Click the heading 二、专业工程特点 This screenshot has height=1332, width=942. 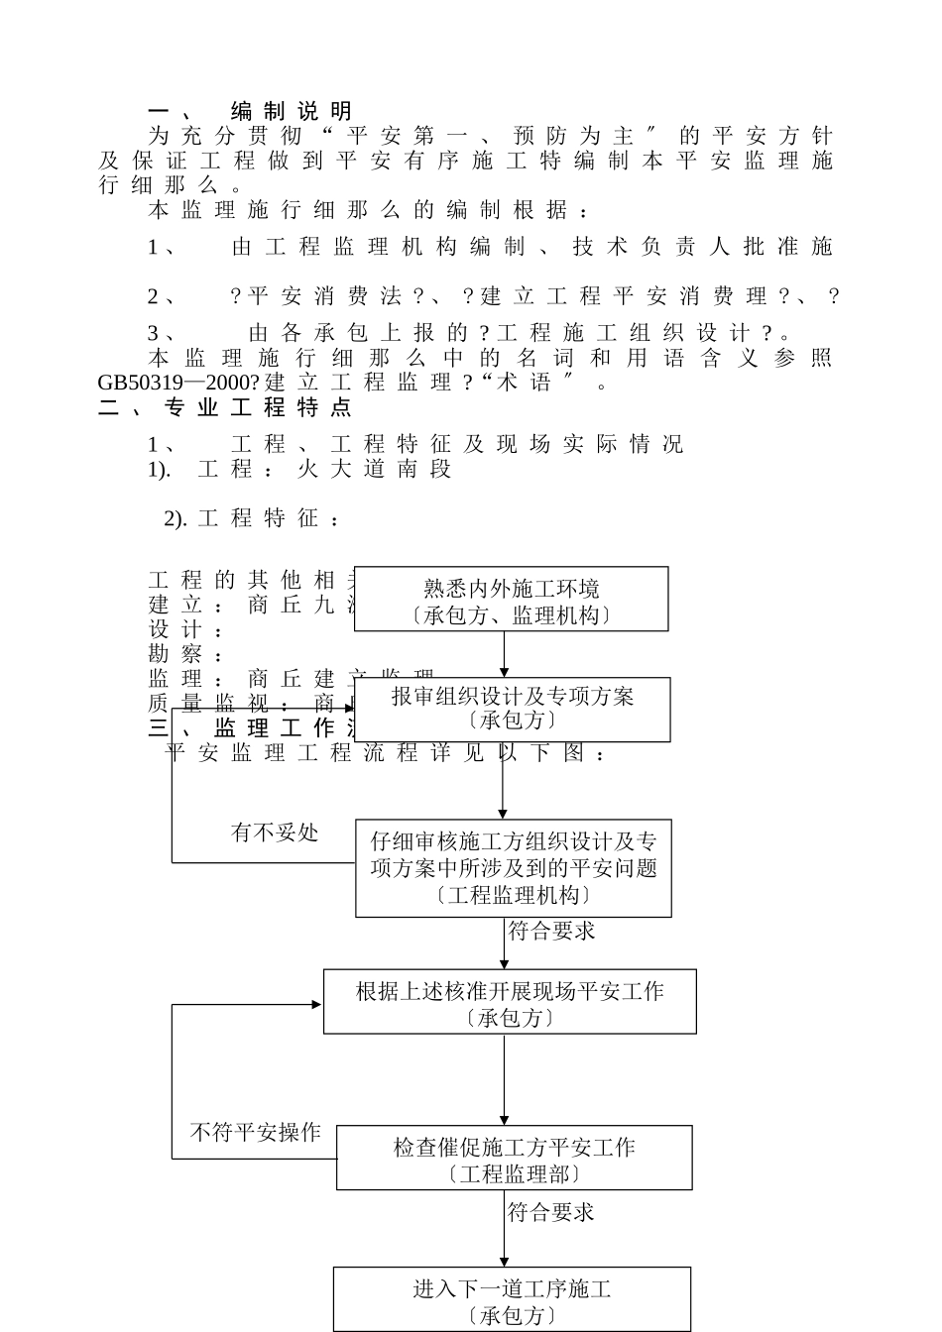coord(225,407)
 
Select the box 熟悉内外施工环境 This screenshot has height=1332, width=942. coord(511,600)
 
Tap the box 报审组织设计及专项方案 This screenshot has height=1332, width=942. coord(512,709)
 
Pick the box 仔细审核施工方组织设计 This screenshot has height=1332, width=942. coord(513,867)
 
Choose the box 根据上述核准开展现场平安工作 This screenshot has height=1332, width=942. coord(510,1002)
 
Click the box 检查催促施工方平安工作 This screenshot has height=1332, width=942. coord(514,1158)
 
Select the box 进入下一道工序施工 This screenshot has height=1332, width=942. coord(512,1299)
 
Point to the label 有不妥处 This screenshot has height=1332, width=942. coord(275,832)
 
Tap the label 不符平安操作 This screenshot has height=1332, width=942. coord(256,1132)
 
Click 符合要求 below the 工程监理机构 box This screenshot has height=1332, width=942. coord(551,931)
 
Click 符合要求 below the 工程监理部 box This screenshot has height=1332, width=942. coord(551,1211)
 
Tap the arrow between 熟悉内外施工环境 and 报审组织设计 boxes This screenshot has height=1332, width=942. coord(504,654)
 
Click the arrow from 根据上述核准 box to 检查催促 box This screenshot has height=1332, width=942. coord(504,1079)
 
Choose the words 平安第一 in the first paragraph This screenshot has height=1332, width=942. coord(391,136)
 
